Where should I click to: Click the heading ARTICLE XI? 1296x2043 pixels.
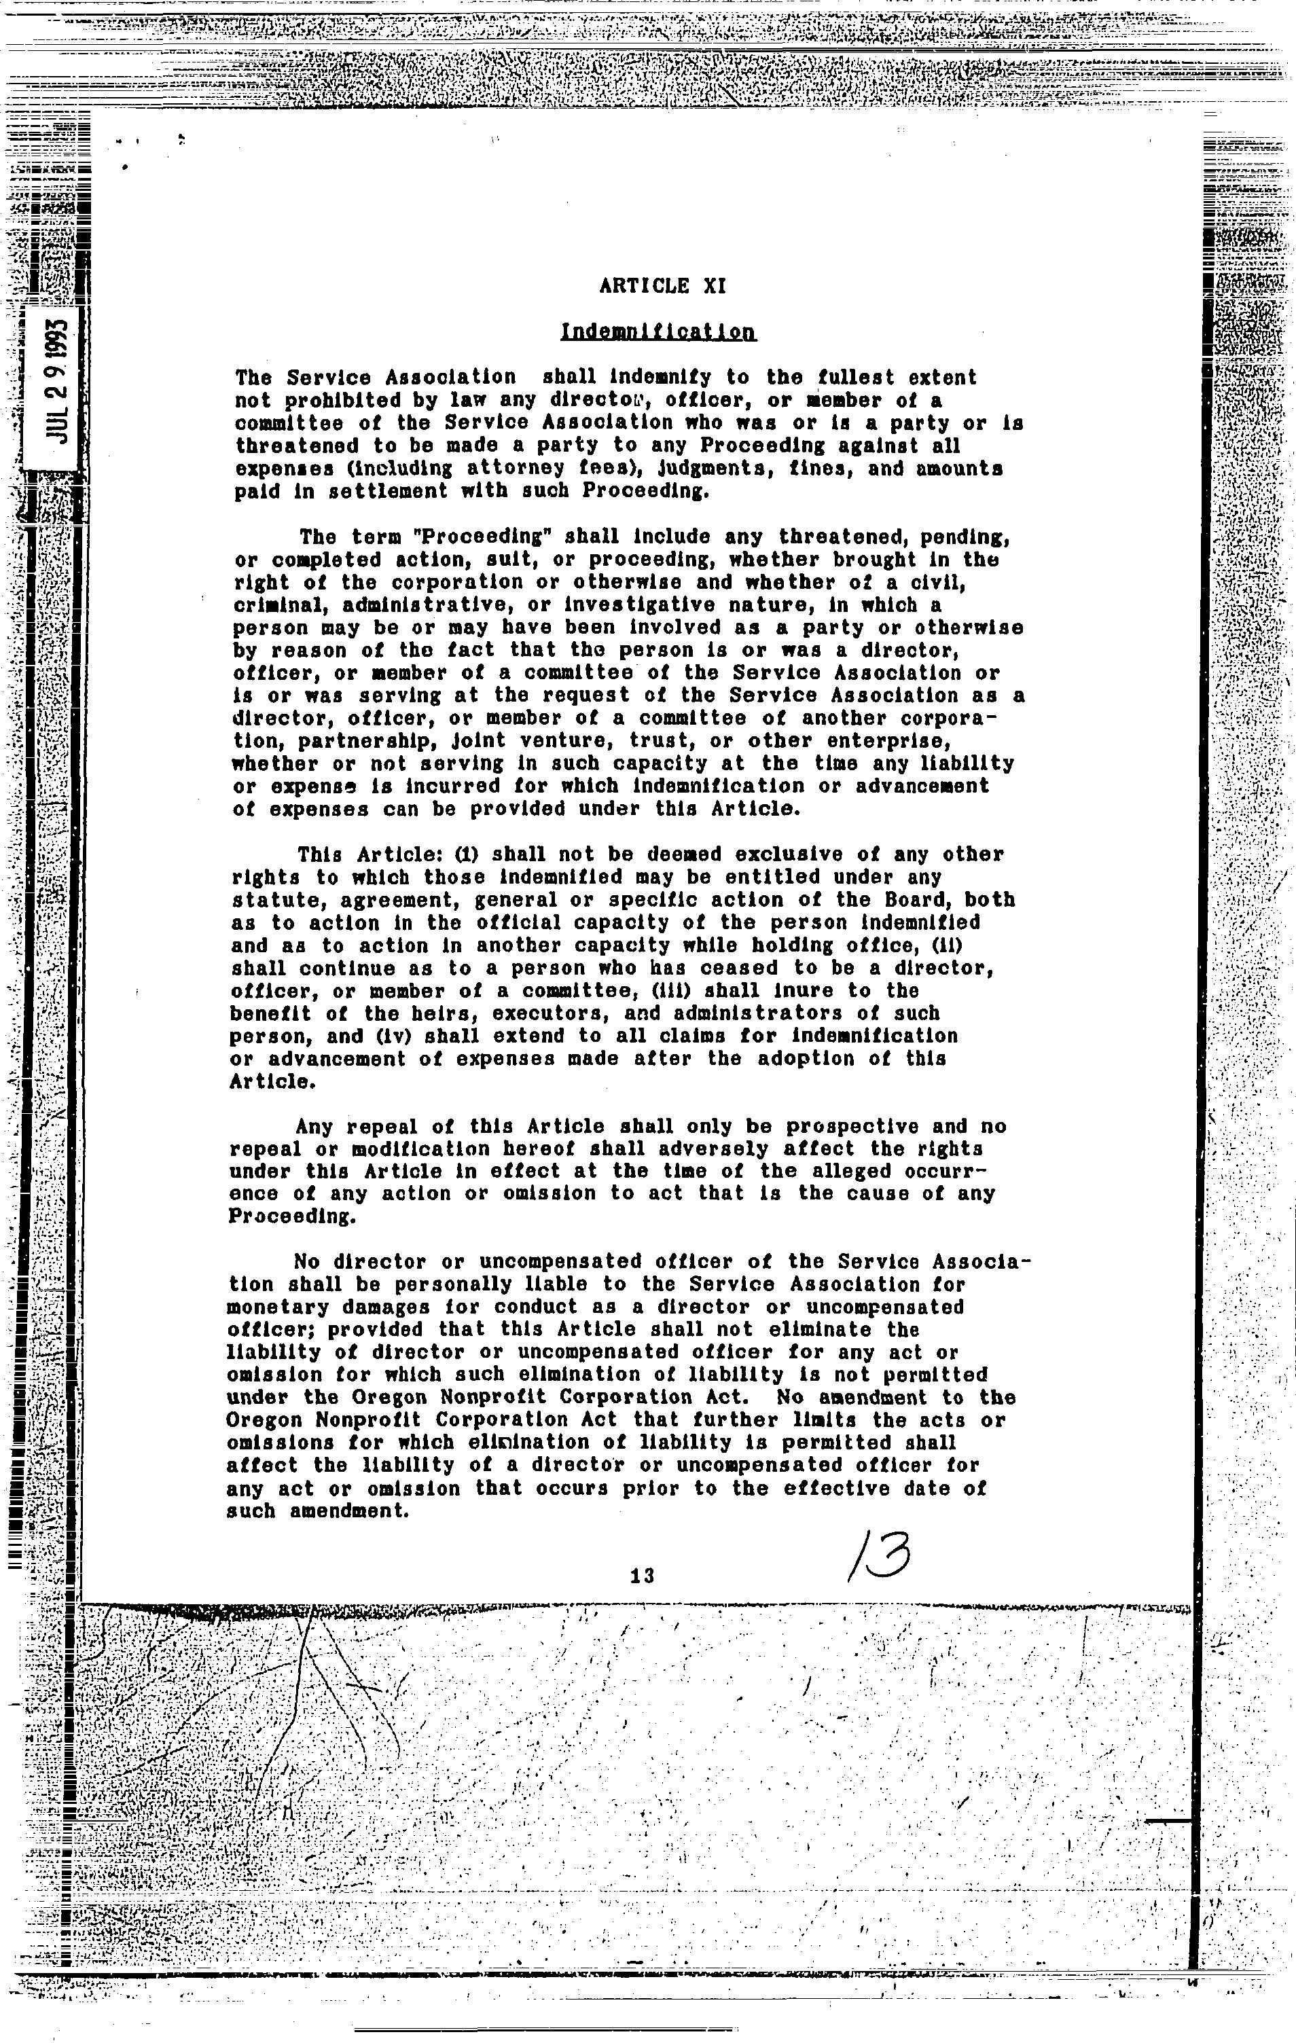(x=662, y=286)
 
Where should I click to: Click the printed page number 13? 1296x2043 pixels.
(x=643, y=1576)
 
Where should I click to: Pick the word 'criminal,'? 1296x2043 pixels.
(x=268, y=606)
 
